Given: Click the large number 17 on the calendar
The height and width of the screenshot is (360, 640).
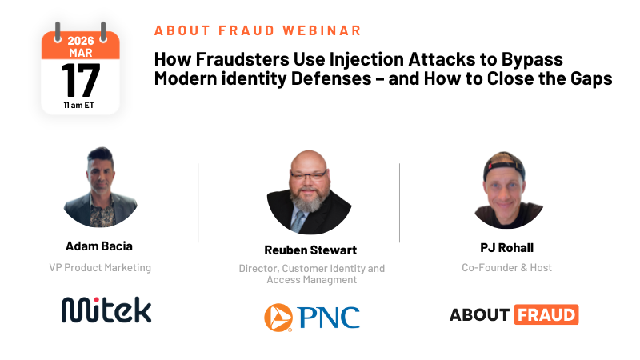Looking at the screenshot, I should [80, 79].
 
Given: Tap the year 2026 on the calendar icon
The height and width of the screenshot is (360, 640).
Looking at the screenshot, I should [81, 40].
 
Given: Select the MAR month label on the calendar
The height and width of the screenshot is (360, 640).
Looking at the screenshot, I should [80, 52].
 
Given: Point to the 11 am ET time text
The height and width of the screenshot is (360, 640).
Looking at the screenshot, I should [80, 104].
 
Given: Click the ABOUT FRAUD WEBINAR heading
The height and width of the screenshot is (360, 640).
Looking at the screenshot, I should [258, 30].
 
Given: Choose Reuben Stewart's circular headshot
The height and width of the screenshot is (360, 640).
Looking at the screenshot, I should [309, 192].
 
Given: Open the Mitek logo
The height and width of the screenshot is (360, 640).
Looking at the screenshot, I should [106, 310].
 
